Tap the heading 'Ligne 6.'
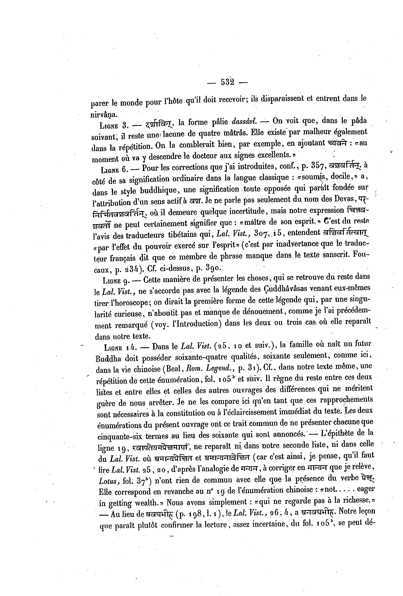pyautogui.click(x=115, y=169)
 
